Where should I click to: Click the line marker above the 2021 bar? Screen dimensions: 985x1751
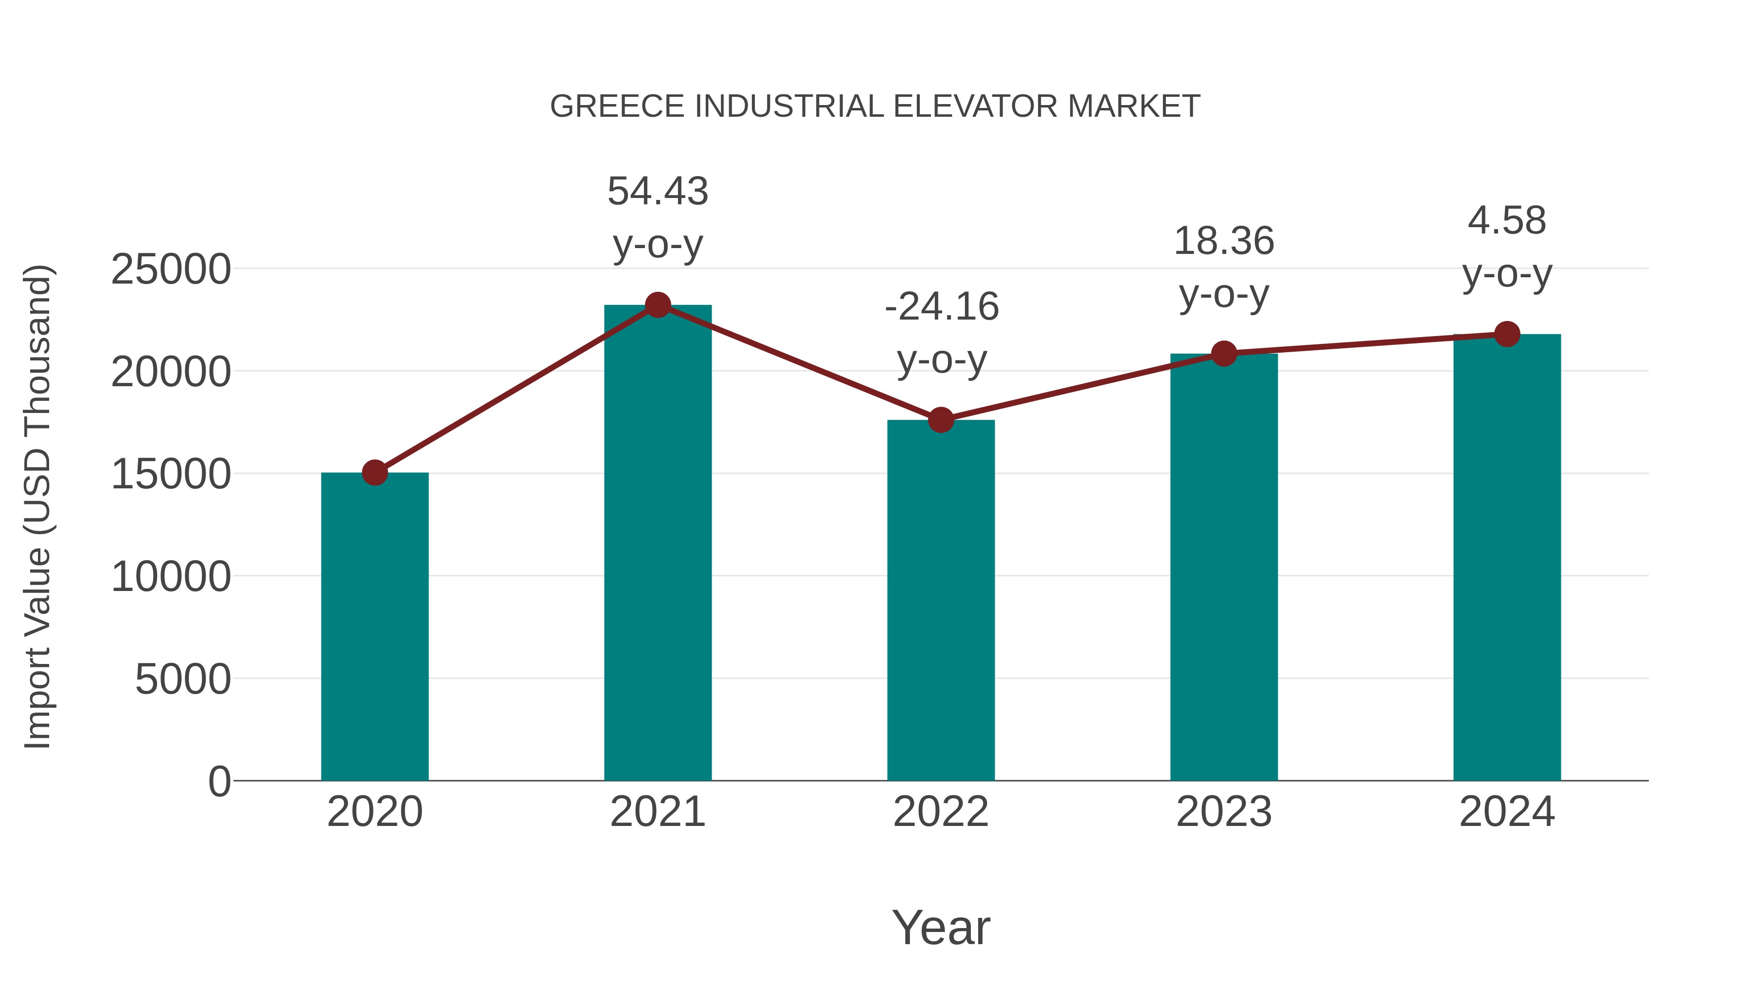tap(657, 305)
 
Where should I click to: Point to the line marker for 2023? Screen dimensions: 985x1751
tap(1224, 354)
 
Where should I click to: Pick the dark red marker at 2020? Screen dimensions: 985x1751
tap(375, 472)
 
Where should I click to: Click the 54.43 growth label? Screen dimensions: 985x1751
tap(657, 191)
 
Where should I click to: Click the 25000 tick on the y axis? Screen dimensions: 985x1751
tap(171, 269)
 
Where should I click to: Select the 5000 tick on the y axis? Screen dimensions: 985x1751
tap(183, 679)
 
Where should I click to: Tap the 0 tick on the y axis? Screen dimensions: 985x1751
tap(219, 782)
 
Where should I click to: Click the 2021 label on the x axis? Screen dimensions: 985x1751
tap(657, 812)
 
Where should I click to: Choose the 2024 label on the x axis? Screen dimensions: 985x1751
tap(1507, 812)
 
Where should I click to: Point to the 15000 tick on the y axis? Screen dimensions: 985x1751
tap(171, 474)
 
